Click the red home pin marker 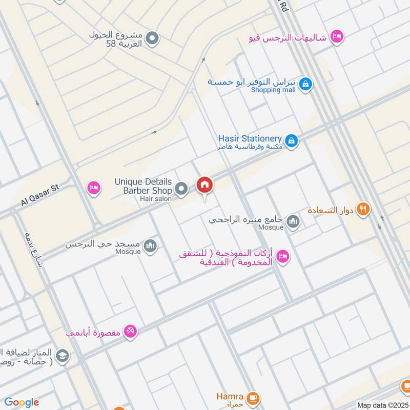tap(204, 186)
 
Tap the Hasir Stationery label tap(250, 139)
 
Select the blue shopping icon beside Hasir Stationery tap(292, 140)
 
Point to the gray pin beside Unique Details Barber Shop tap(181, 190)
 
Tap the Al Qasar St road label tap(40, 196)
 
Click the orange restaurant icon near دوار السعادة tap(363, 209)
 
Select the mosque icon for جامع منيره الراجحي tap(293, 221)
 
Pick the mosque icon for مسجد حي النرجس tap(150, 246)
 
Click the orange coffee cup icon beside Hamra tap(252, 398)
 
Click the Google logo tap(22, 402)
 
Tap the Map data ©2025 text tap(381, 405)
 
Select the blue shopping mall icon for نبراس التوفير tap(305, 84)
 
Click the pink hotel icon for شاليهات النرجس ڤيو tap(337, 36)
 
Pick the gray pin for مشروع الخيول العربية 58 tap(152, 37)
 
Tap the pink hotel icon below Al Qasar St tap(93, 188)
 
